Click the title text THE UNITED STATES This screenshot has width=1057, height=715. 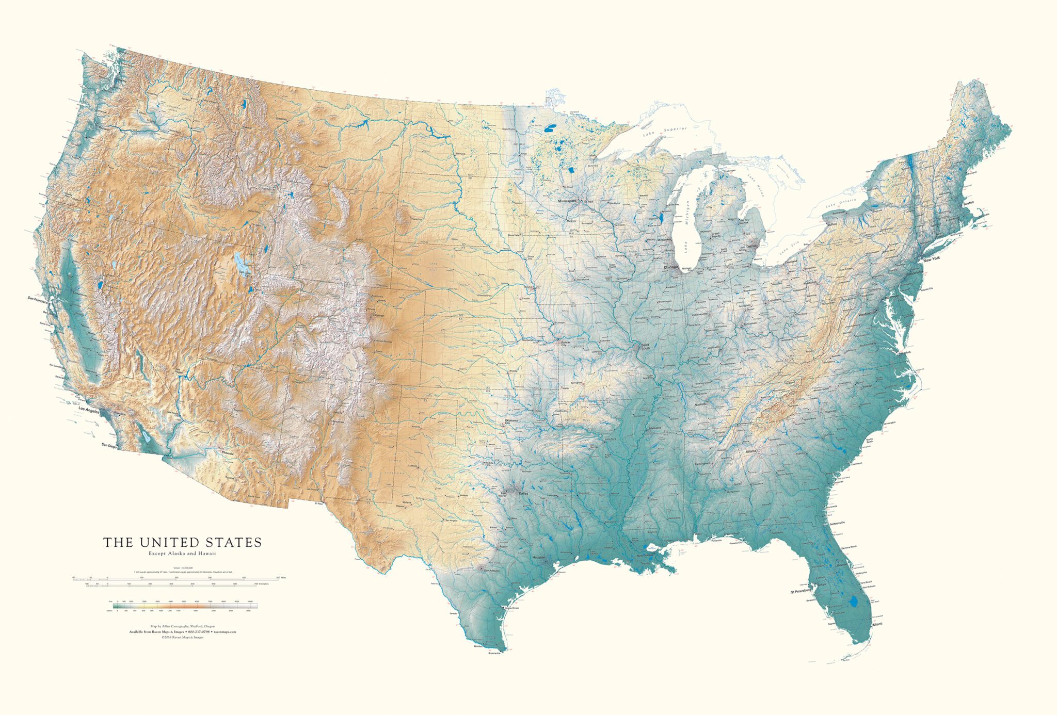click(x=182, y=543)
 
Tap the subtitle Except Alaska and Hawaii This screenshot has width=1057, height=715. click(x=182, y=554)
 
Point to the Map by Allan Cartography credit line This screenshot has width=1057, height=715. click(x=182, y=626)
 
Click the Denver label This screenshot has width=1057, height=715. click(x=378, y=315)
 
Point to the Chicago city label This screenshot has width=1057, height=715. click(x=671, y=267)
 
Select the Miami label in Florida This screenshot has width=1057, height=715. click(x=877, y=625)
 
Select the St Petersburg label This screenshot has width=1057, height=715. click(x=802, y=591)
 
